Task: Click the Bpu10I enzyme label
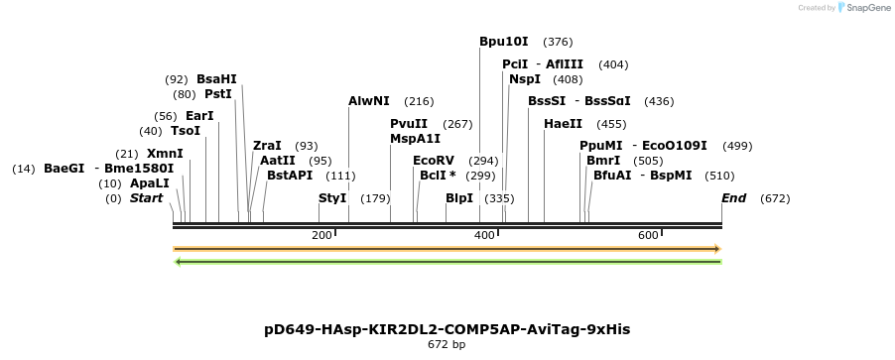point(504,42)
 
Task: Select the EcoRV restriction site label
point(434,160)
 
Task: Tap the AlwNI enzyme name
point(369,101)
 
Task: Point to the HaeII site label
point(564,124)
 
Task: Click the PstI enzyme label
point(217,94)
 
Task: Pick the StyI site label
point(332,198)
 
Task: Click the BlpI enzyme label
point(459,198)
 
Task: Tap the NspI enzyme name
point(525,79)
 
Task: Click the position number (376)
point(558,42)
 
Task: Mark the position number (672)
point(775,198)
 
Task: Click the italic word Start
point(146,198)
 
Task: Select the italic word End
point(733,198)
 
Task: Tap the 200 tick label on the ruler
point(321,235)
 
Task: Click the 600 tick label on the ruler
point(648,235)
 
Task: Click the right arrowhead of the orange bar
point(716,249)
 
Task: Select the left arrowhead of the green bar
point(178,262)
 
